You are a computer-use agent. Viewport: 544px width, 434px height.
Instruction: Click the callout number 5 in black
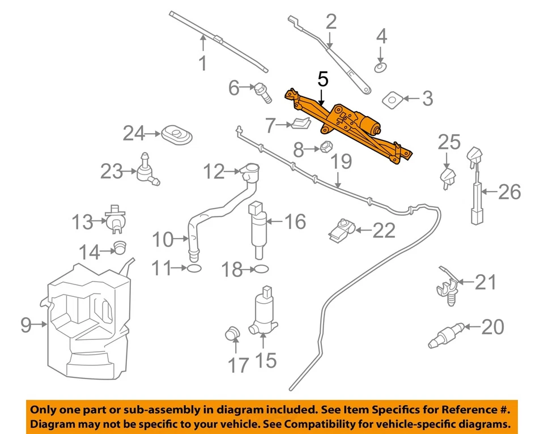coord(322,79)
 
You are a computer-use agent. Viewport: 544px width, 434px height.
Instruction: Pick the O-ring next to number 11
coord(193,269)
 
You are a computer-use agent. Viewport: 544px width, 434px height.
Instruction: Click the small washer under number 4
coord(381,69)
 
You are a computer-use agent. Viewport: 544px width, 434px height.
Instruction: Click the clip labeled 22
coord(341,229)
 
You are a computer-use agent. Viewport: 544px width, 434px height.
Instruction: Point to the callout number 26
coord(509,193)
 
